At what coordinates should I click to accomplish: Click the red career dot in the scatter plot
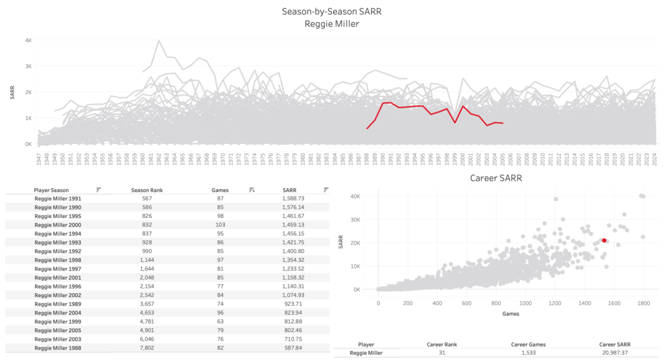(x=604, y=240)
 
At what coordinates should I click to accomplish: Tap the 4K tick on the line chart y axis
(x=29, y=40)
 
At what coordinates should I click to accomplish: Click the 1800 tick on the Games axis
(x=643, y=303)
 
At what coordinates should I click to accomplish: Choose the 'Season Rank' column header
(x=132, y=189)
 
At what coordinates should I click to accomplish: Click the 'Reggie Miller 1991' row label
(x=58, y=198)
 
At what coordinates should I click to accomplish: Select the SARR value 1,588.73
(x=298, y=198)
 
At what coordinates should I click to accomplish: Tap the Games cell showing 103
(x=216, y=224)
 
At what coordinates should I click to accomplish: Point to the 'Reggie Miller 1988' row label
(x=58, y=348)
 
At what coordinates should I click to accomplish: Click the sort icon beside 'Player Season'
(x=99, y=189)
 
